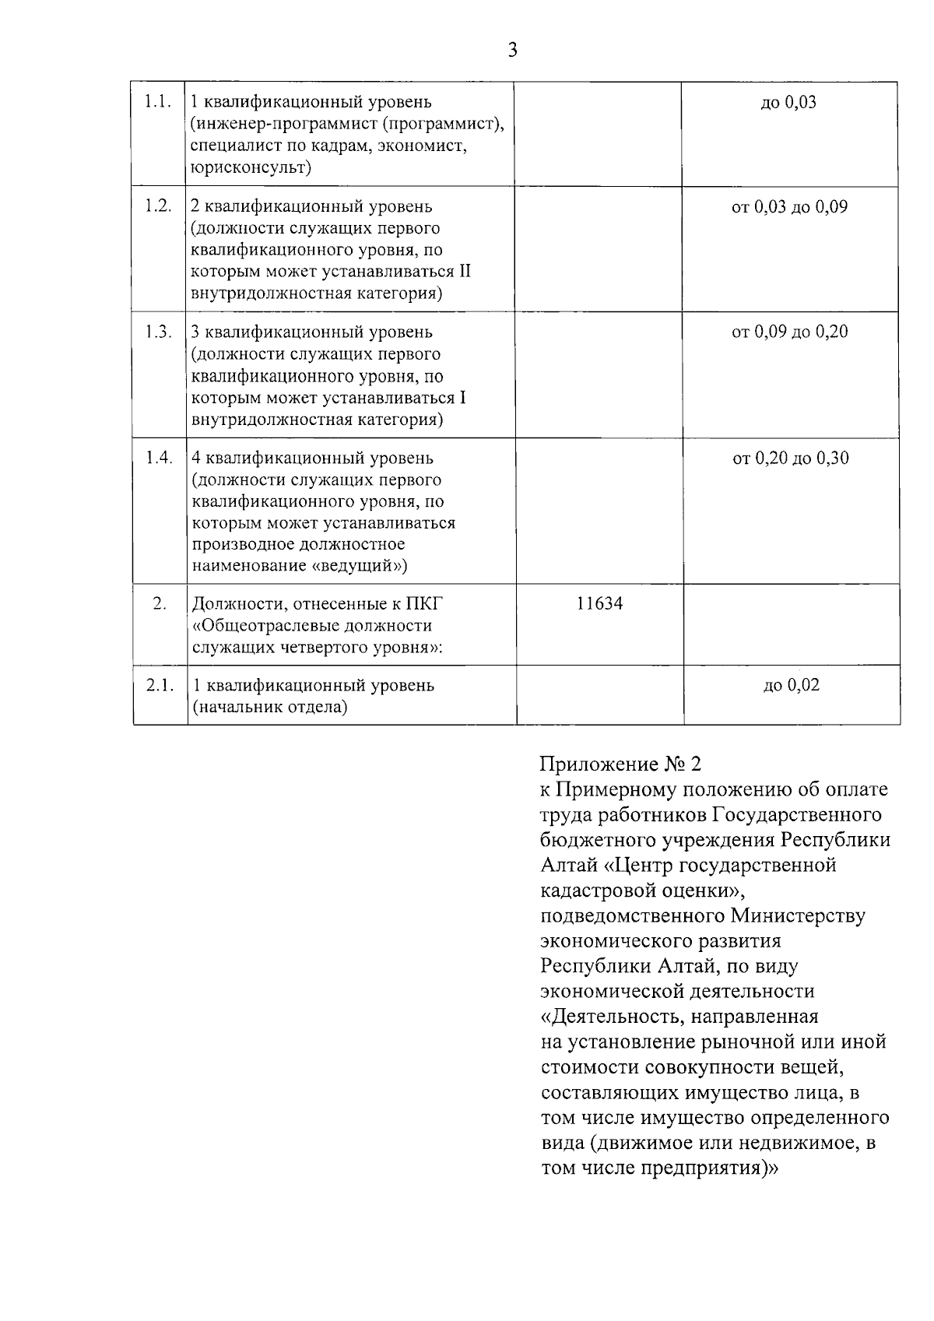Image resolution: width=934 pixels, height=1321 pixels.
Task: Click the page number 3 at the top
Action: click(511, 51)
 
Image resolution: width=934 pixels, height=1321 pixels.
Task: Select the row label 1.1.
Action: click(158, 102)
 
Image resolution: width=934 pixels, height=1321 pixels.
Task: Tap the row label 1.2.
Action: click(158, 206)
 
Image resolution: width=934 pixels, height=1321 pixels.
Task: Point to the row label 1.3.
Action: click(158, 332)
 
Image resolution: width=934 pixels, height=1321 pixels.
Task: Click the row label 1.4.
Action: click(159, 458)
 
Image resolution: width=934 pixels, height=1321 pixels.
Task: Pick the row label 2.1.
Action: click(160, 685)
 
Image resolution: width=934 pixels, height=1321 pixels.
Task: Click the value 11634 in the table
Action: click(599, 603)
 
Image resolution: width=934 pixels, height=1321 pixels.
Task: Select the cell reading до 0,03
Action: click(788, 102)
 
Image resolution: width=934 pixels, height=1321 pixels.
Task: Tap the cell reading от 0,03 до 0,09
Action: click(789, 207)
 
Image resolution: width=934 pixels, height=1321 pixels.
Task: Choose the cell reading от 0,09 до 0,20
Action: click(789, 332)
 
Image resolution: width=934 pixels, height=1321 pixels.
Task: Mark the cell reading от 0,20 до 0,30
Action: click(790, 458)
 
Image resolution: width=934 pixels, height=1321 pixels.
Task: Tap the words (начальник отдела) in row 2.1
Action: click(269, 708)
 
